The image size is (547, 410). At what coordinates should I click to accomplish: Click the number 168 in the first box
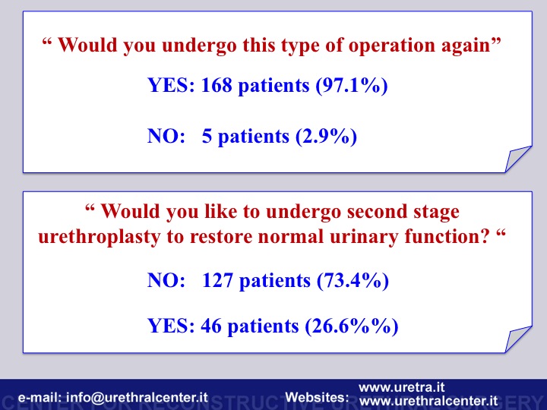[x=217, y=85]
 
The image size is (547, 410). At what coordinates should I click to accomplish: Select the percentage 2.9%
[x=326, y=137]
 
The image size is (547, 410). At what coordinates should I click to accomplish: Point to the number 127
[x=217, y=280]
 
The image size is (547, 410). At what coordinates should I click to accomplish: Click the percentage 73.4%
[x=353, y=281]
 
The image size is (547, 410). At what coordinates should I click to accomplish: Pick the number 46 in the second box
[x=211, y=326]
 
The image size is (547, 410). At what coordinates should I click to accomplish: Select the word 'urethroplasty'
[x=100, y=237]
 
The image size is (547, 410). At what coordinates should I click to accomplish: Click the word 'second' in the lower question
[x=377, y=211]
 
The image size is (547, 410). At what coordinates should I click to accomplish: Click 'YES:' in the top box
[x=171, y=85]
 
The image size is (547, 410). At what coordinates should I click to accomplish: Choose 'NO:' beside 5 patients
[x=166, y=136]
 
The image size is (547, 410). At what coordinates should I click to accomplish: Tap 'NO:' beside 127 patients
[x=166, y=280]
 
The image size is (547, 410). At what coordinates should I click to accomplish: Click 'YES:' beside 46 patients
[x=171, y=326]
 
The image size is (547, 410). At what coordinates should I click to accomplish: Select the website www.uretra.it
[x=402, y=387]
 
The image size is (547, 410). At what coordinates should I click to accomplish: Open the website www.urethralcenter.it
[x=428, y=401]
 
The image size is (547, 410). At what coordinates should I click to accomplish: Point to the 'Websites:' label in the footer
[x=317, y=397]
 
